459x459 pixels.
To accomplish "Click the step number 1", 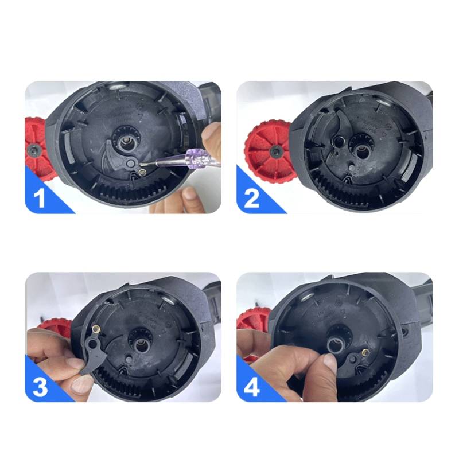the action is point(40,198).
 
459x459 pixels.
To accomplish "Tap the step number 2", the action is point(251,198).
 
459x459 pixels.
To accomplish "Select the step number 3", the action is point(40,386).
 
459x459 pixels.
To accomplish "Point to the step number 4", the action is point(251,387).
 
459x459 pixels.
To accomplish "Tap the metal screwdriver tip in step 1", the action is point(148,165).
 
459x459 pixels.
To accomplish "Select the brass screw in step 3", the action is point(96,330).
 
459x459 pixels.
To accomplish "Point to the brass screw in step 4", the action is point(365,352).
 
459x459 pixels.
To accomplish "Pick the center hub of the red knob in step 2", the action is point(275,151).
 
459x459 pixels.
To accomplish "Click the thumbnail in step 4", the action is point(329,362).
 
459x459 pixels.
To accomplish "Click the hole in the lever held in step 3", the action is point(93,343).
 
